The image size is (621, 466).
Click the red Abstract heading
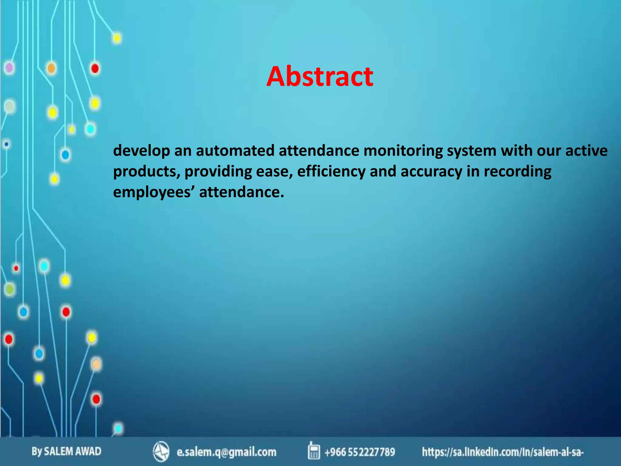[x=320, y=76]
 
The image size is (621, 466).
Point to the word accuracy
[x=431, y=171]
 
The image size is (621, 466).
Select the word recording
[x=517, y=171]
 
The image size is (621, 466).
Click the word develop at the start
[x=141, y=150]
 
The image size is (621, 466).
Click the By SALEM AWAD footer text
[x=66, y=451]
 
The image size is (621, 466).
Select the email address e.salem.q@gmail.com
[x=227, y=452]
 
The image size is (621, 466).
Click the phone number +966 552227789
[x=360, y=452]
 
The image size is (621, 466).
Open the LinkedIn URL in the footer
[x=503, y=452]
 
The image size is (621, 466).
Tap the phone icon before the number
[x=314, y=451]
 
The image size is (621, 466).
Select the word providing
[x=218, y=171]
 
